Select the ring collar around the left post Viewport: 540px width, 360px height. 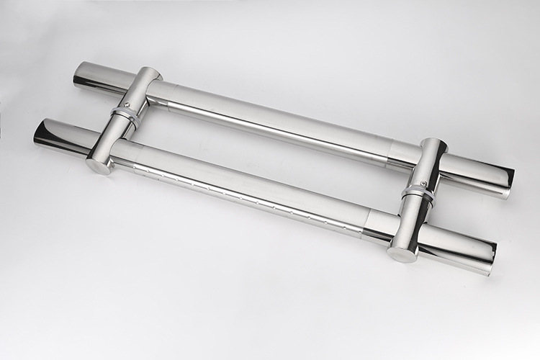(x=124, y=117)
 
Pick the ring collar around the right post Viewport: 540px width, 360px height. (x=417, y=194)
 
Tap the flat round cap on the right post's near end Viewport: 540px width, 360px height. (x=402, y=253)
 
